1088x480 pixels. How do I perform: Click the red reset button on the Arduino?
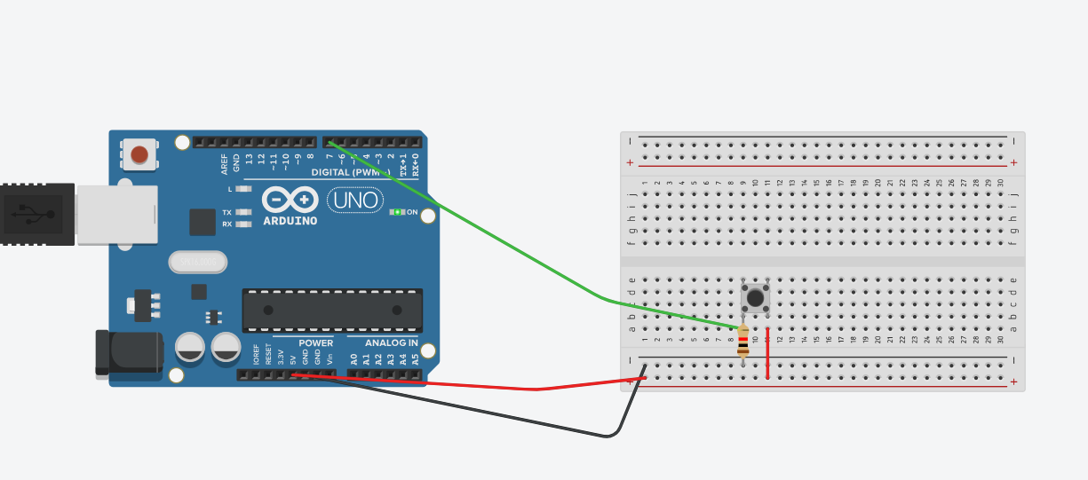click(x=139, y=155)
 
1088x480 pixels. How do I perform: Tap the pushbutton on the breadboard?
click(x=755, y=297)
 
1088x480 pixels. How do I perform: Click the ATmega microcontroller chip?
click(x=332, y=310)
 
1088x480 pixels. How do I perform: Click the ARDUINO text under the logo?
click(x=290, y=220)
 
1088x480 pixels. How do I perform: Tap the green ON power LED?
click(x=398, y=212)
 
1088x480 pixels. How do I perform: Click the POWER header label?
click(x=315, y=342)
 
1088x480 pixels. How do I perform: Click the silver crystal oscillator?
click(x=198, y=262)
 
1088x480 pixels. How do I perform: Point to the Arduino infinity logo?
click(x=290, y=200)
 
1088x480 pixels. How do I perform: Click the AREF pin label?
click(x=225, y=163)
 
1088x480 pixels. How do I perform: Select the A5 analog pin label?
click(x=415, y=359)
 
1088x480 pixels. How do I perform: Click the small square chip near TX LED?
click(x=203, y=222)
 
